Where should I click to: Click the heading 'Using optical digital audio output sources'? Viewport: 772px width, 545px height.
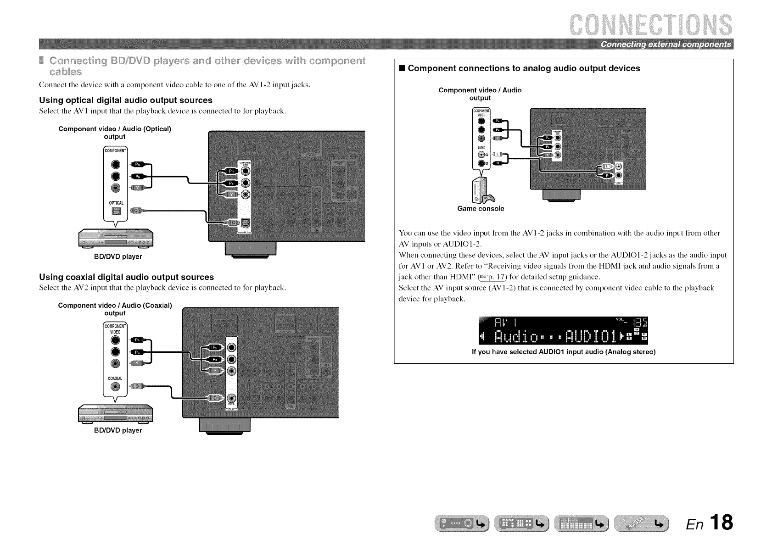[126, 100]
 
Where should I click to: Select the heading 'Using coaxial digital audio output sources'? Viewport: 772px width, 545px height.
[126, 277]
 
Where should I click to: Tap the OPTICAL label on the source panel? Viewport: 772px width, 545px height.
[116, 203]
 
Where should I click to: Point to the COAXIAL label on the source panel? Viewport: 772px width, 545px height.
[115, 378]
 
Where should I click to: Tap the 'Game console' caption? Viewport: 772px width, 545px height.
[481, 209]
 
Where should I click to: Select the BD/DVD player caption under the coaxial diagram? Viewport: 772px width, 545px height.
[118, 430]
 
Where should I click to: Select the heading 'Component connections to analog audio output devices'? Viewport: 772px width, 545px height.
[524, 68]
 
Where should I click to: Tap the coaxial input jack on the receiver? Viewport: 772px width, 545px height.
[231, 397]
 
